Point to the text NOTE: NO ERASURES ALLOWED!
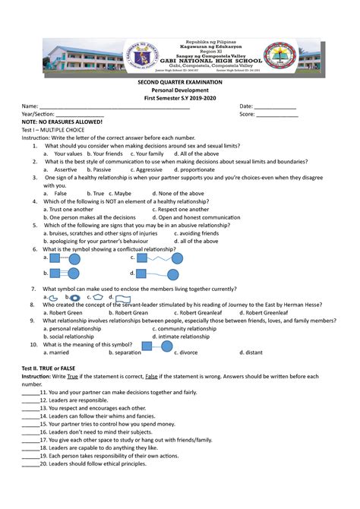(62, 122)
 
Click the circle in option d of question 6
(177, 273)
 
